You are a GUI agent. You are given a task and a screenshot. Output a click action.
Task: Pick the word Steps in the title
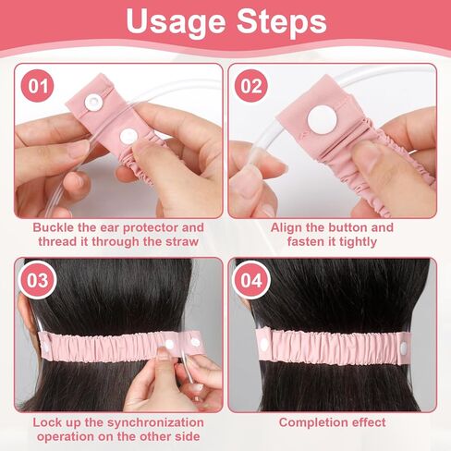pyautogui.click(x=281, y=22)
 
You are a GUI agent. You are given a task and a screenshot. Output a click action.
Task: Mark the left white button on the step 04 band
pyautogui.click(x=262, y=342)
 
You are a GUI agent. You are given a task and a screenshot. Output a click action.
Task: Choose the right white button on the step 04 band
pyautogui.click(x=404, y=346)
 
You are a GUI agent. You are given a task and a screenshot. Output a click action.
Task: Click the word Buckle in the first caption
pyautogui.click(x=55, y=227)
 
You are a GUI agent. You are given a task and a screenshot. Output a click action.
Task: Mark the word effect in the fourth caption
pyautogui.click(x=368, y=422)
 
